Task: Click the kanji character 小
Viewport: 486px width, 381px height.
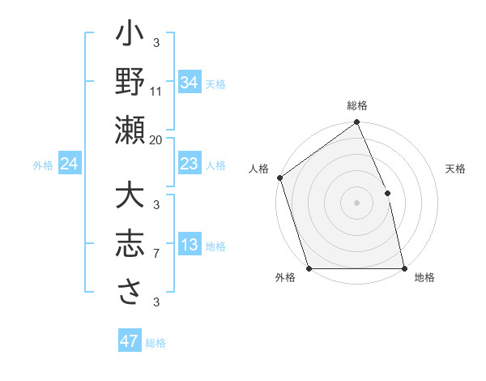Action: point(130,37)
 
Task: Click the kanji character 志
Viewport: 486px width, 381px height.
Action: point(130,243)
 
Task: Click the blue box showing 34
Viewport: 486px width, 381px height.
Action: point(189,83)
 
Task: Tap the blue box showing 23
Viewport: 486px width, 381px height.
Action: point(189,165)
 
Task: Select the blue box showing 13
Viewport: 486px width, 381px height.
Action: point(189,246)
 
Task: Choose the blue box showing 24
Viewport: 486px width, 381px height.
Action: point(69,165)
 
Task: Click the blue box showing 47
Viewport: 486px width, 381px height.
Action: point(130,341)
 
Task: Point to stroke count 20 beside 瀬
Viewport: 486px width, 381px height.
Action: point(156,139)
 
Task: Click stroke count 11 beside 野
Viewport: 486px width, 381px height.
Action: point(156,91)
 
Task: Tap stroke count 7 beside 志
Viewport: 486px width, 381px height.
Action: point(156,255)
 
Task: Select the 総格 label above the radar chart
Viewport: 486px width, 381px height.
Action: point(357,105)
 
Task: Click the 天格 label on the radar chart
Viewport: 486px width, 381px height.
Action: point(455,169)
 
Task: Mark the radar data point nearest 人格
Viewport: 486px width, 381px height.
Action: point(279,178)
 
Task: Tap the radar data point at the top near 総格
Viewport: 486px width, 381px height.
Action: point(356,123)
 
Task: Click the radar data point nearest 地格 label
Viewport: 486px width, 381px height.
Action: point(404,268)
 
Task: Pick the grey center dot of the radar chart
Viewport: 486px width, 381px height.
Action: point(356,202)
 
